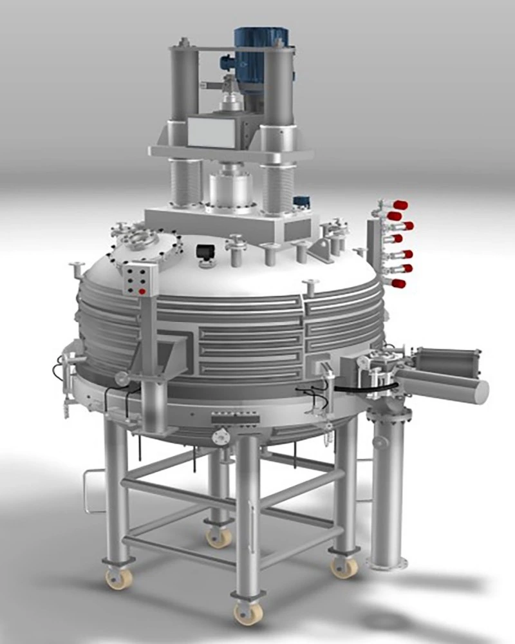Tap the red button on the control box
tap(142, 292)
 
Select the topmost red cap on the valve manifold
tap(400, 205)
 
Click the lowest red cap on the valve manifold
tap(398, 283)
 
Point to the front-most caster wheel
tap(247, 612)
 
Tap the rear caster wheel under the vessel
tap(219, 536)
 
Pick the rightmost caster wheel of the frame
tap(344, 566)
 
